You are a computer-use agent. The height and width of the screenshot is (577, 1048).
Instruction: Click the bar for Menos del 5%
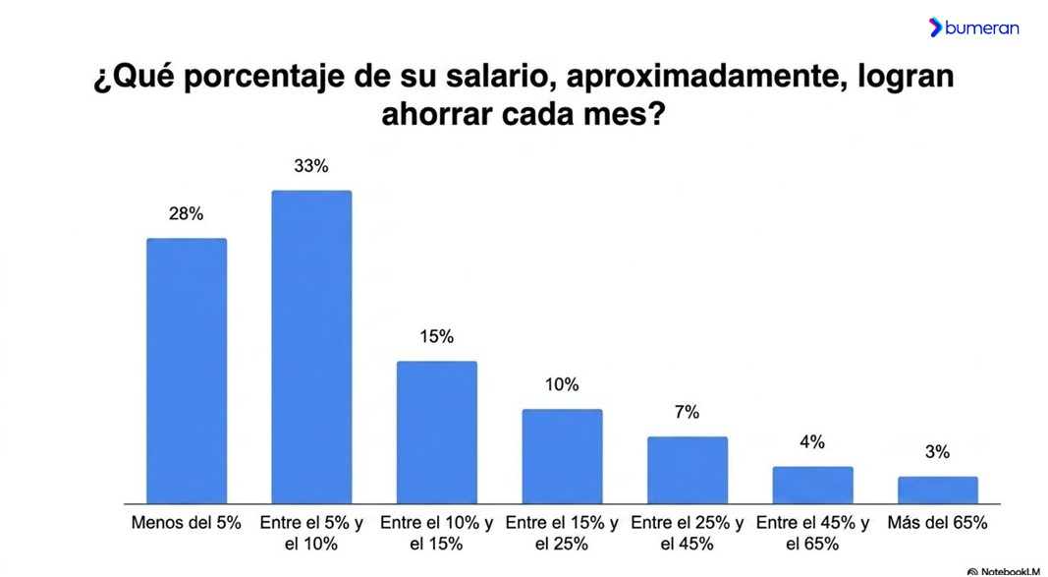187,371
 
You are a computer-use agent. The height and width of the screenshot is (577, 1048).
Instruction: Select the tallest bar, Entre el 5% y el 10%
311,347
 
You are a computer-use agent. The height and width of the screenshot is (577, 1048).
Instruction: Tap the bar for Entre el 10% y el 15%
437,433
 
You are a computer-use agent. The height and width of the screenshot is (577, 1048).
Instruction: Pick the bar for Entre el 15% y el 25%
562,456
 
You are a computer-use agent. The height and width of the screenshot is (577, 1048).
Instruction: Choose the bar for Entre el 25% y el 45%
688,470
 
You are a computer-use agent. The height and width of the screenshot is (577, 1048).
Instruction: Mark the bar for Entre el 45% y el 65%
812,485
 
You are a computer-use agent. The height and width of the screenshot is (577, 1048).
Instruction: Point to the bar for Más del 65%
938,490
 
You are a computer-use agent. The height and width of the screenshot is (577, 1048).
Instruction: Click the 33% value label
311,166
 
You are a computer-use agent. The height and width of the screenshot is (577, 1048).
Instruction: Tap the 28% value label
186,214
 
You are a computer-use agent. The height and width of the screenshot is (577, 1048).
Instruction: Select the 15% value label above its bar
436,336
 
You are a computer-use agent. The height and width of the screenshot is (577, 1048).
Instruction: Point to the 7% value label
688,413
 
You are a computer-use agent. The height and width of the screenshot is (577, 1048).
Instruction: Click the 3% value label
937,452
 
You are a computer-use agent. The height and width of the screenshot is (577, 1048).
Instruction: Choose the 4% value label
812,442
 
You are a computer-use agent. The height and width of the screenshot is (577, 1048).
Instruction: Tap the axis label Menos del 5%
186,523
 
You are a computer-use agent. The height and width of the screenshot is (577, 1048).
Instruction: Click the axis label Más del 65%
937,523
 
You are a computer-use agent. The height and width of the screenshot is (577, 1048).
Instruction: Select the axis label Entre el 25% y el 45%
688,534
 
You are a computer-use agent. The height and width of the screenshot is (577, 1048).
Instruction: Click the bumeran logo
973,28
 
